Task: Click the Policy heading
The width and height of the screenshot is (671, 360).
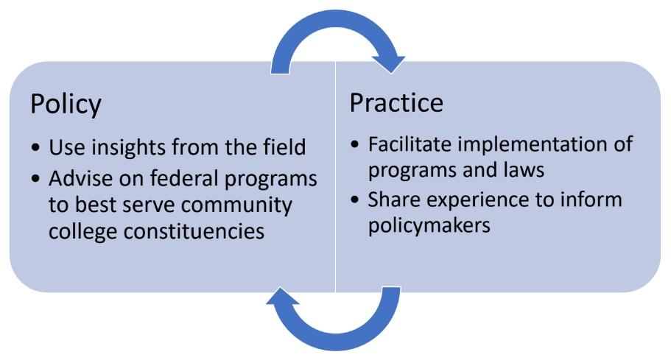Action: (x=66, y=104)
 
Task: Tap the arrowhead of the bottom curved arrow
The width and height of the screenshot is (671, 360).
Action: (x=282, y=296)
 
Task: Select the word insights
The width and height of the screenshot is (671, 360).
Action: (x=129, y=147)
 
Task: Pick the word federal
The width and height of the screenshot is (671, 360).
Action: (x=184, y=178)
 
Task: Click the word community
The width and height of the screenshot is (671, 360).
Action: (x=239, y=205)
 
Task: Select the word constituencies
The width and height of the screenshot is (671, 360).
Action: (x=194, y=231)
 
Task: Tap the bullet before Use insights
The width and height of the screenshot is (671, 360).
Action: (x=36, y=148)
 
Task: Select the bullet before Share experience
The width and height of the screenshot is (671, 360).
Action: (x=354, y=200)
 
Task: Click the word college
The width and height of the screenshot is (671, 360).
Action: (x=83, y=232)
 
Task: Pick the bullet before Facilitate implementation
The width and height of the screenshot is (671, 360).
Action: (x=354, y=144)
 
